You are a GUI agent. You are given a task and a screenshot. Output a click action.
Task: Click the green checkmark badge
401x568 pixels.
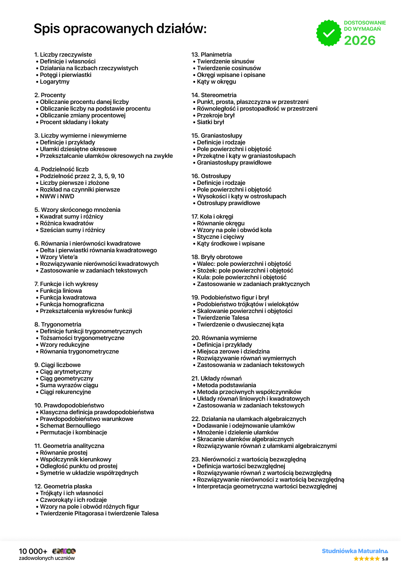tap(329, 33)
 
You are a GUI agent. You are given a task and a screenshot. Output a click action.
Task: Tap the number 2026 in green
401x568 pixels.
tap(360, 40)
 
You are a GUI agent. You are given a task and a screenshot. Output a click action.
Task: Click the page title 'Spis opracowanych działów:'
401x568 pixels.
tap(120, 29)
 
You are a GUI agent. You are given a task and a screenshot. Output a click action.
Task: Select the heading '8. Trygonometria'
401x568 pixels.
tap(58, 324)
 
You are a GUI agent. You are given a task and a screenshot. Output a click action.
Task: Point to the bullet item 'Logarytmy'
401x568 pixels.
tap(55, 82)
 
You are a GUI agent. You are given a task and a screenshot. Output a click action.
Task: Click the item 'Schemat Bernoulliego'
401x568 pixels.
tap(70, 426)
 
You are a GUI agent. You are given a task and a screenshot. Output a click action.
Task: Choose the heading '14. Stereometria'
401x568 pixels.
tap(214, 95)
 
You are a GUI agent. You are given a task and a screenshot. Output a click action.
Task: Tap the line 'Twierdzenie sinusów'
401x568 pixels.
tap(225, 61)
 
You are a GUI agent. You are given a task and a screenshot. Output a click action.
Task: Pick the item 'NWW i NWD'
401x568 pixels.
tap(57, 196)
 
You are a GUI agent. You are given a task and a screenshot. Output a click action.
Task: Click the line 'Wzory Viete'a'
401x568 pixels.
tap(59, 257)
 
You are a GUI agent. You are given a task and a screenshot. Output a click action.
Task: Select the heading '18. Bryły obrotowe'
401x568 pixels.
tap(217, 257)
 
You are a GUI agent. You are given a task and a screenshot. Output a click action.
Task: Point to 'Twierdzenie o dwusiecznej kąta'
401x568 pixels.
tap(240, 324)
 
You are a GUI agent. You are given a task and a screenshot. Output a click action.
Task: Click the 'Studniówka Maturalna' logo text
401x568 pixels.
tap(355, 551)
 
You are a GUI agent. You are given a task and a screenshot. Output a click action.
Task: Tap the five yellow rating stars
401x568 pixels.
tap(367, 559)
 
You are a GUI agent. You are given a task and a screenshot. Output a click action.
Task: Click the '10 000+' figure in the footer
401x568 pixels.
tap(33, 551)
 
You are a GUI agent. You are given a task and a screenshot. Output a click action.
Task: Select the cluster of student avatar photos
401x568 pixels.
tap(64, 551)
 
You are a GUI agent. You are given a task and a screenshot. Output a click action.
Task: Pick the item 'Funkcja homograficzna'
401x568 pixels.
tap(72, 304)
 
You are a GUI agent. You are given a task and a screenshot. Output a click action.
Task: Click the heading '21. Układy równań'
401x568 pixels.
tap(216, 378)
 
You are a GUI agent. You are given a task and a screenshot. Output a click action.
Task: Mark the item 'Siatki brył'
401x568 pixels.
tap(210, 122)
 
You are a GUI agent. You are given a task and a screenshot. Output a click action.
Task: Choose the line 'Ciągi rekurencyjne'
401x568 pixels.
tap(65, 392)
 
